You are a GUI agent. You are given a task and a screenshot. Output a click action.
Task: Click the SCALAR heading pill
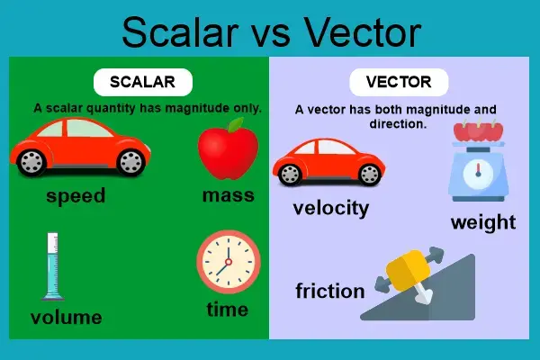(x=142, y=82)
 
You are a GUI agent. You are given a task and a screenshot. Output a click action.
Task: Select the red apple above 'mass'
(x=221, y=153)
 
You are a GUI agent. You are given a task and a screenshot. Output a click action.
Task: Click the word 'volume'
(x=66, y=317)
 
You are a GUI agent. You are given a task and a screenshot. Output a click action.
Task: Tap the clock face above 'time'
(x=228, y=262)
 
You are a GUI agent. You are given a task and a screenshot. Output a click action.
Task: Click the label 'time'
(x=228, y=310)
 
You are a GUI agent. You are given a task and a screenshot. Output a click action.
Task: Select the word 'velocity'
(x=331, y=208)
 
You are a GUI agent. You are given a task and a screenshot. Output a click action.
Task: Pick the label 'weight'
(x=483, y=222)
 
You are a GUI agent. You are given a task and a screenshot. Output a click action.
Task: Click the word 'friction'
(x=330, y=291)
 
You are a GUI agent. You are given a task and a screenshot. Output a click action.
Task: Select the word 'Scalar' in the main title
(x=180, y=33)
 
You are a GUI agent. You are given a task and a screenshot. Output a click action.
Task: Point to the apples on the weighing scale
(x=478, y=132)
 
